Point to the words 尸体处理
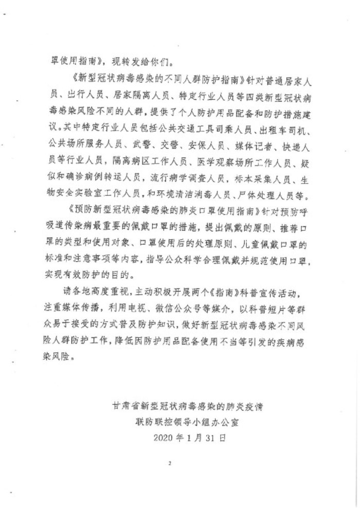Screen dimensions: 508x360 (x=270, y=196)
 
